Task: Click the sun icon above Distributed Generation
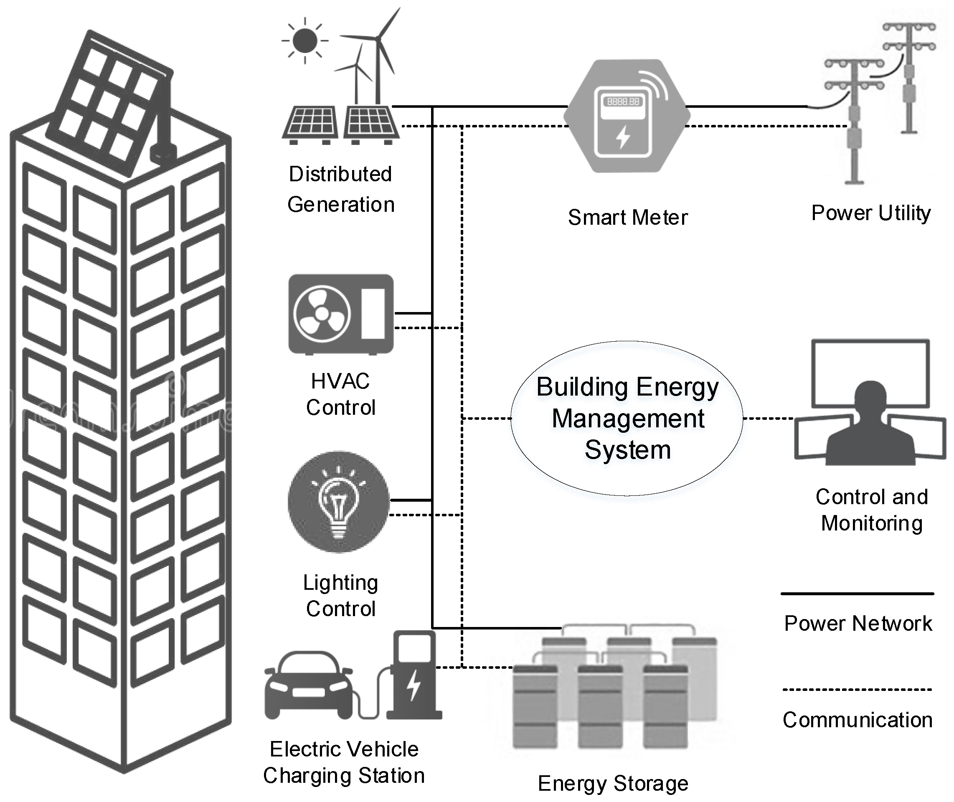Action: pos(305,41)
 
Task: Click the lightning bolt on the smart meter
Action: pos(623,137)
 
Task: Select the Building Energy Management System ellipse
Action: pos(627,418)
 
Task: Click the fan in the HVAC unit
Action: pos(322,314)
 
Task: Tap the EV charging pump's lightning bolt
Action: pos(413,685)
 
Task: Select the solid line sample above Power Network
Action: pos(857,594)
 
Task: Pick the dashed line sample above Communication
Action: pos(857,690)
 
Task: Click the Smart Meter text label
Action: pos(628,218)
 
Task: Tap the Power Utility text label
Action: pos(871,213)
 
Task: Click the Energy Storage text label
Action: pos(613,783)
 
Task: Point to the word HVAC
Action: pos(340,381)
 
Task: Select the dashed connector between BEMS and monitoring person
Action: pos(768,418)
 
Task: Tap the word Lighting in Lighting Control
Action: pos(340,583)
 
